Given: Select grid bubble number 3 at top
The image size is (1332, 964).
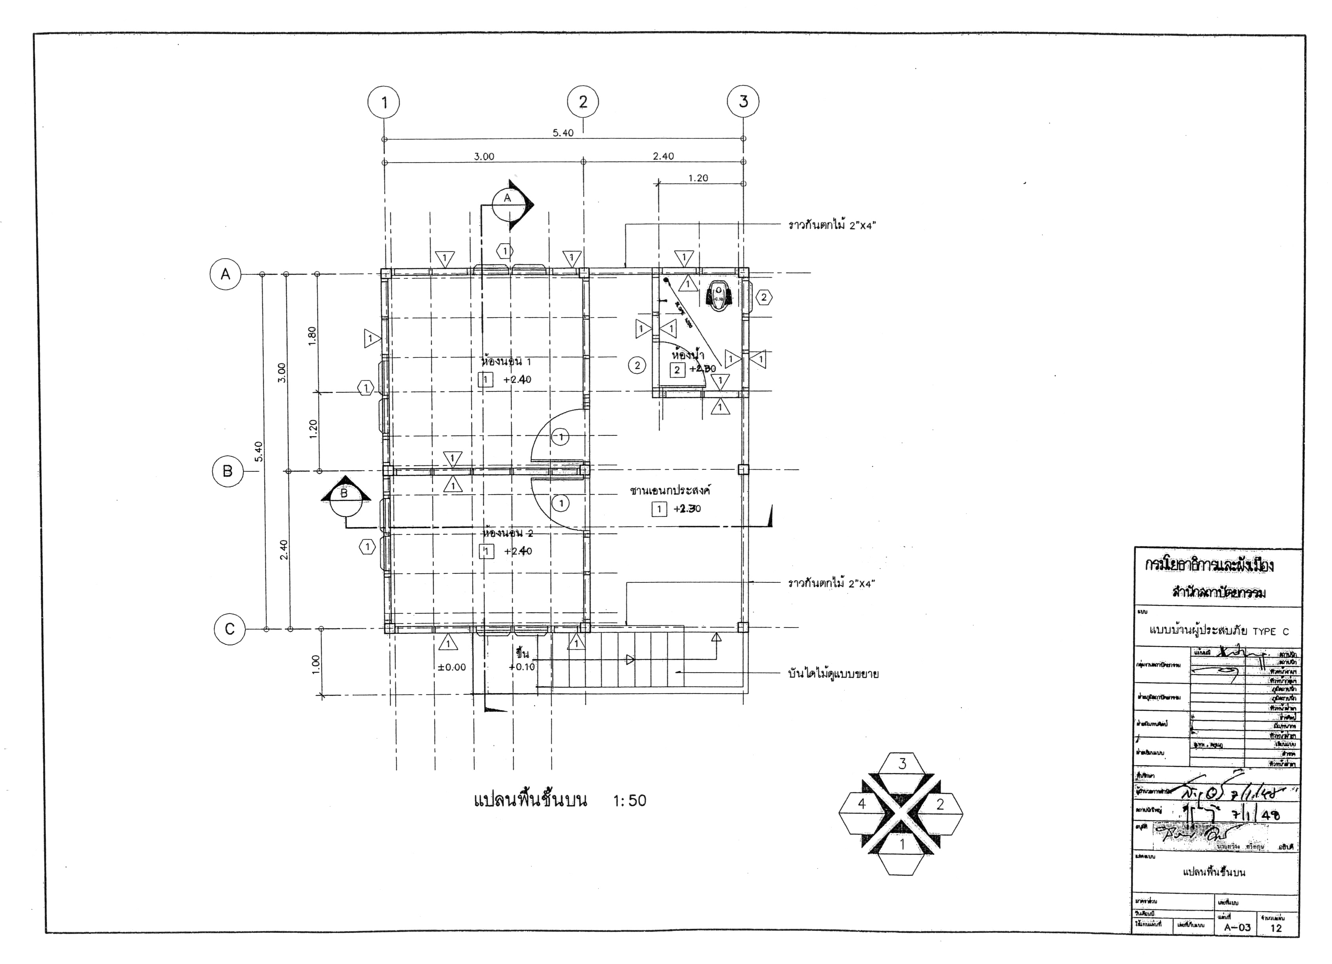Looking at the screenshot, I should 743,102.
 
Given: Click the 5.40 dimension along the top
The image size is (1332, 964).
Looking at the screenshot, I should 563,133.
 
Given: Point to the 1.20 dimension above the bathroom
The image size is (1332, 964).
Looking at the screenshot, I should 698,178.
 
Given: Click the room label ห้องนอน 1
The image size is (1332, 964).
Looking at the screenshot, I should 506,361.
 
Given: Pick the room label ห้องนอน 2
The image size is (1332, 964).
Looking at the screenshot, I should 508,533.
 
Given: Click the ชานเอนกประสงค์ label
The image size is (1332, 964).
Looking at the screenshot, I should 670,490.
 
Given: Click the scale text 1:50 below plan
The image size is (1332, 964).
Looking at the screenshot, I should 629,801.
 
